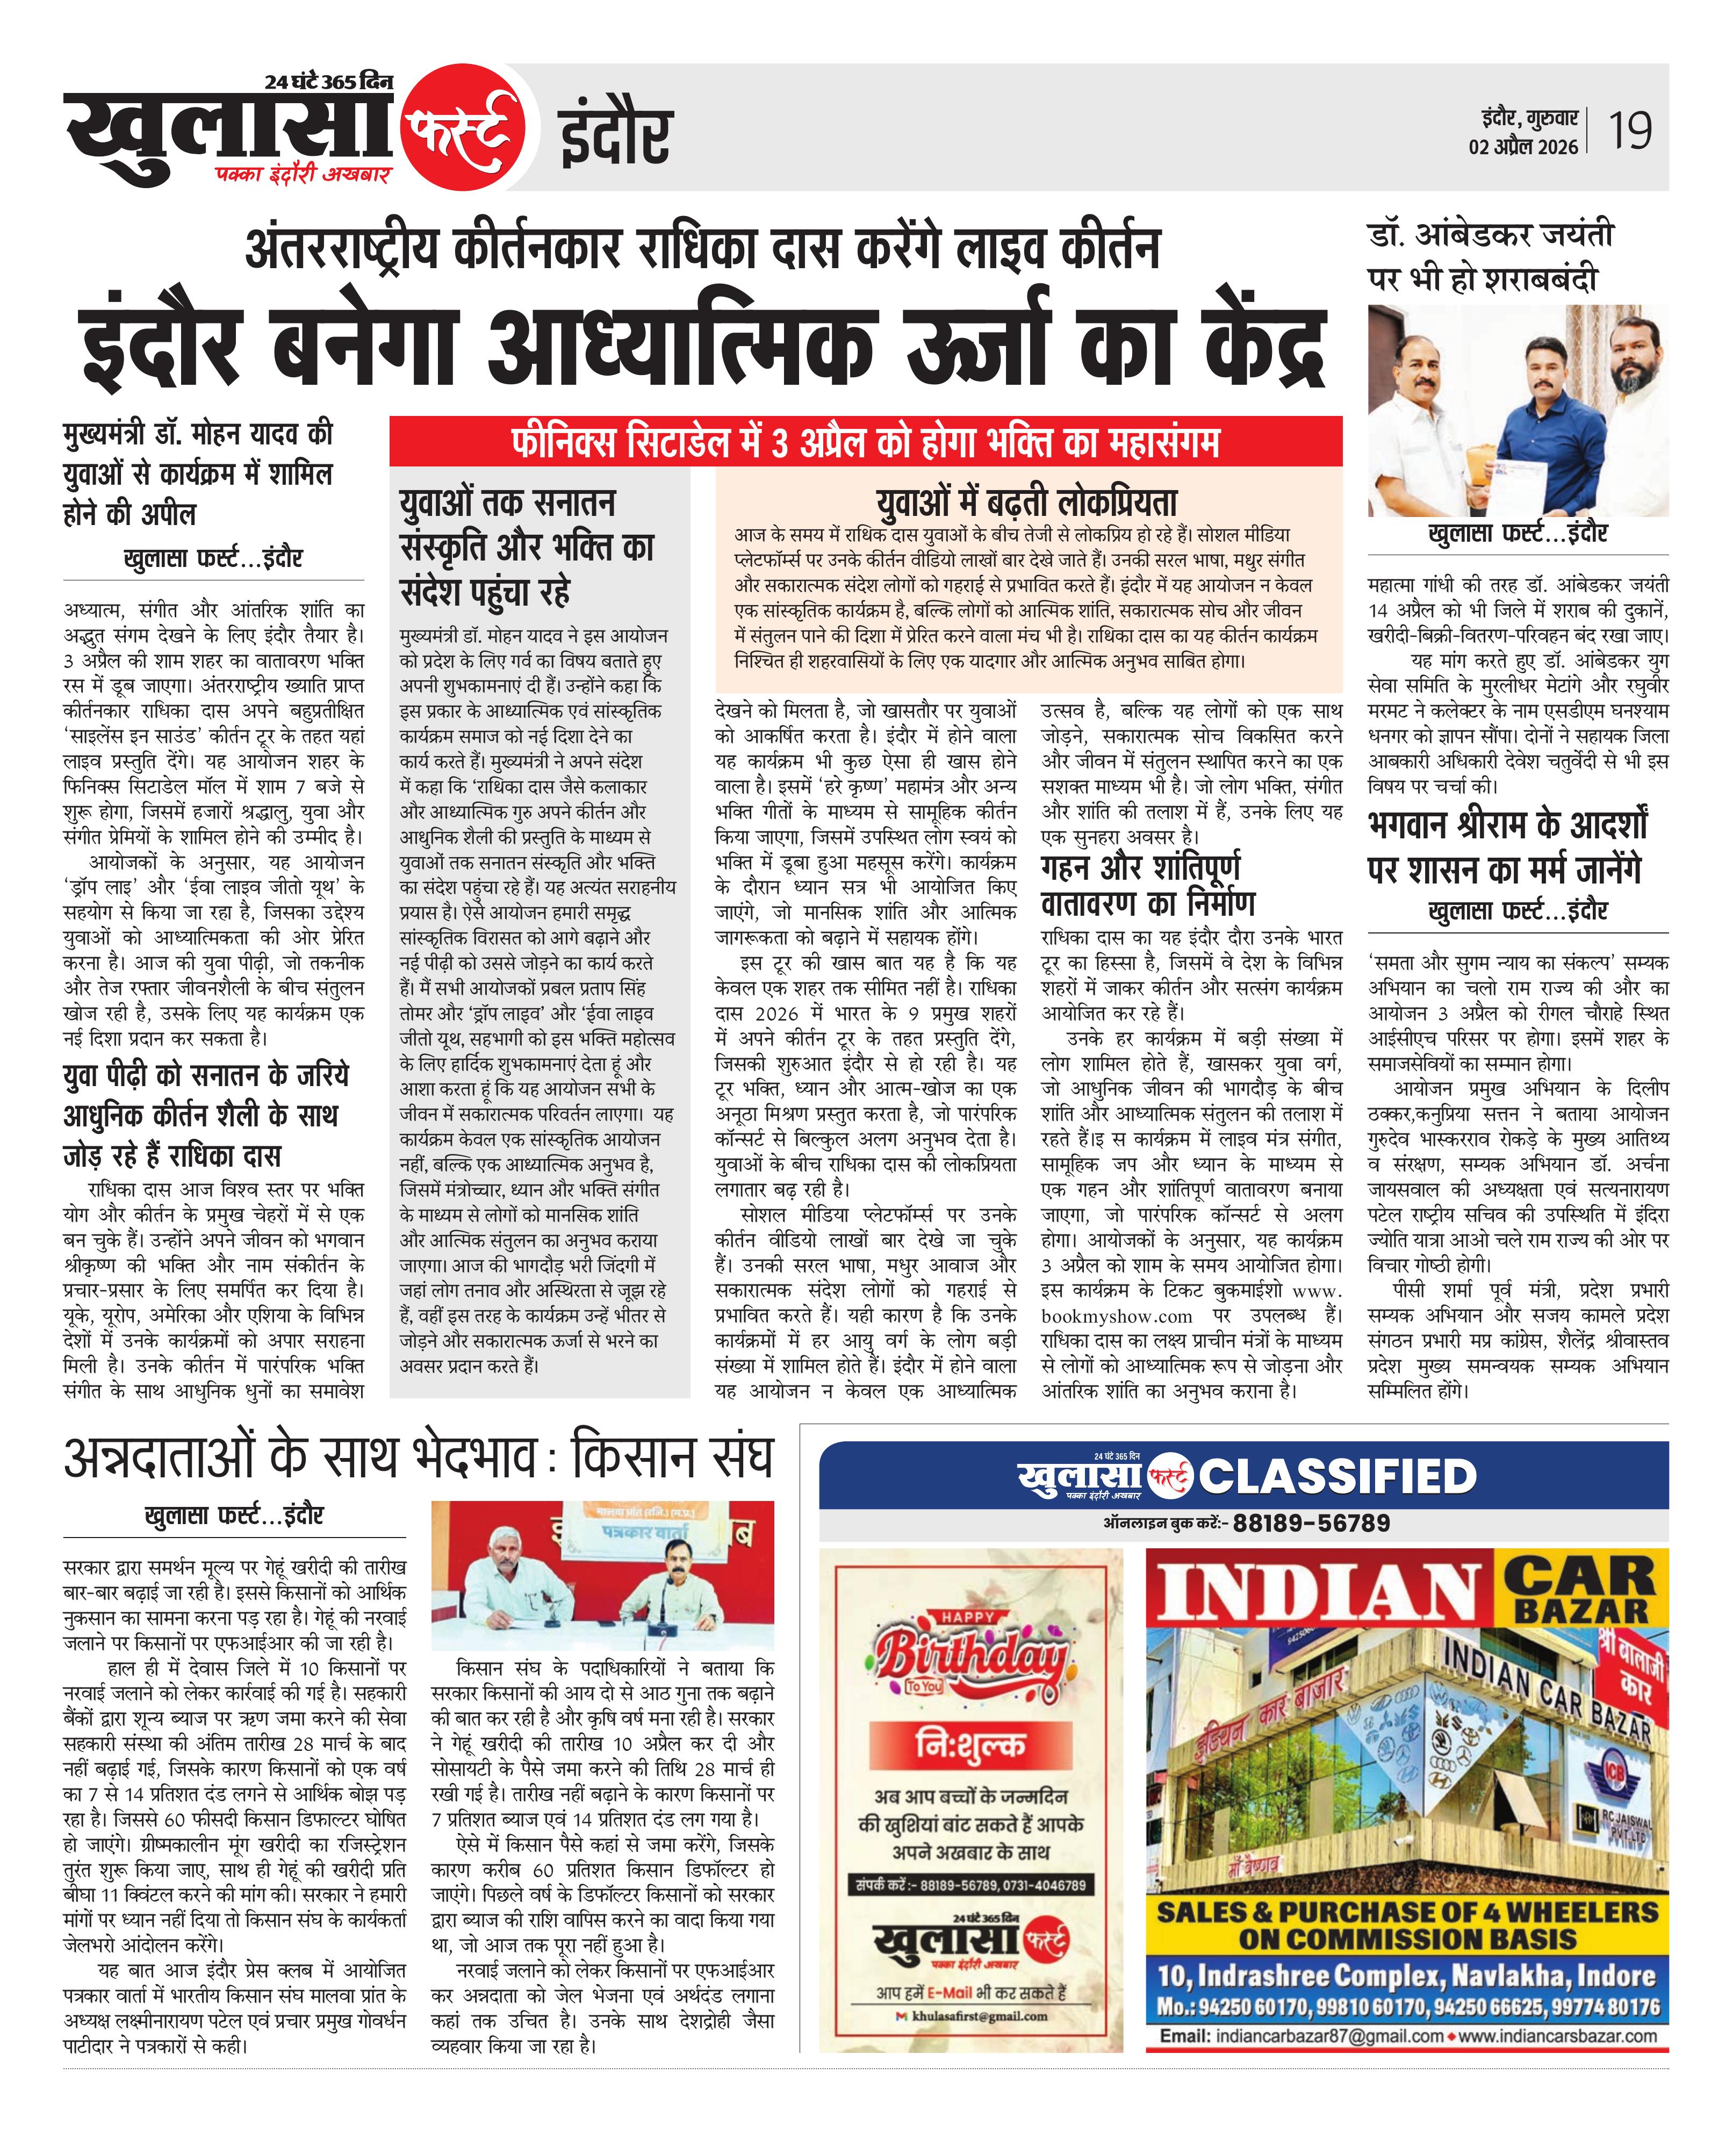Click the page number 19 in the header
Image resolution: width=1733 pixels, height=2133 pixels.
coord(1629,131)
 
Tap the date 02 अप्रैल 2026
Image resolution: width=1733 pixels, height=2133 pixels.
coord(1523,147)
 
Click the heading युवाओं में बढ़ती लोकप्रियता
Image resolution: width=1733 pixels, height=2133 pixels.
coord(1027,501)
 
